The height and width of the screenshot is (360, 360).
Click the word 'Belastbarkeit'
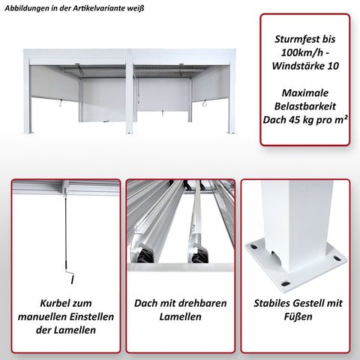(x=304, y=106)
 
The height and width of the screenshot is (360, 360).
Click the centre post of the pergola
(x=130, y=94)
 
